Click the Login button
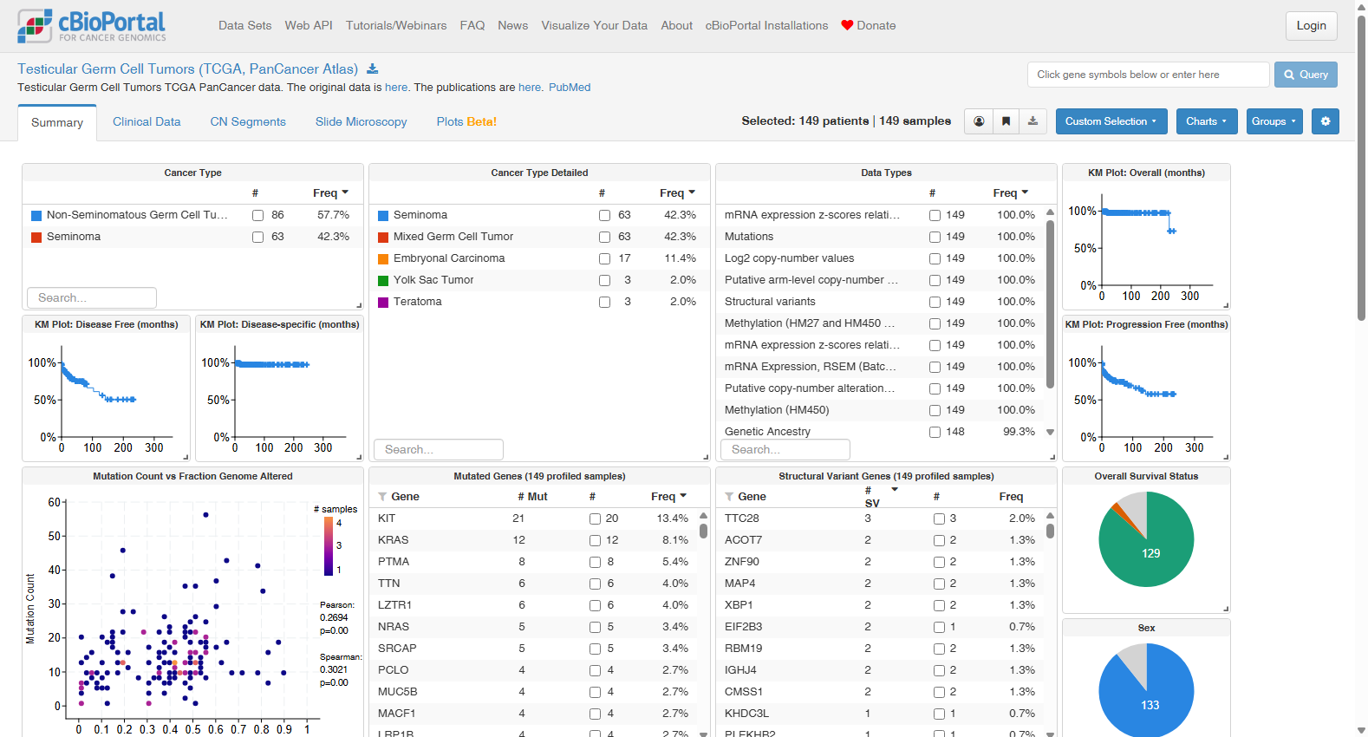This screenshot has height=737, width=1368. tap(1311, 26)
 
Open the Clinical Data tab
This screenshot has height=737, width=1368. tap(147, 121)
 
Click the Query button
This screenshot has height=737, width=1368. tap(1305, 75)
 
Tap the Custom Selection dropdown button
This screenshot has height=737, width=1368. tap(1111, 121)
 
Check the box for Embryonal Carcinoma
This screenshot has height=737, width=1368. tap(604, 258)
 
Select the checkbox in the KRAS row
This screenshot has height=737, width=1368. tap(595, 540)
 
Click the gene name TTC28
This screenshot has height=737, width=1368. tap(741, 519)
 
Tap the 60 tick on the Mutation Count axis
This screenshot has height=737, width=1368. tap(55, 502)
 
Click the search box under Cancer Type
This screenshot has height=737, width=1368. tap(92, 298)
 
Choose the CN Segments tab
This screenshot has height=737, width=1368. tap(248, 121)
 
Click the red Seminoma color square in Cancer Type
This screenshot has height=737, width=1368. tap(36, 237)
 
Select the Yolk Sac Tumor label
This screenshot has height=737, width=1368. tap(433, 280)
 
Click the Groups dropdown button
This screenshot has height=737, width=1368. tap(1274, 121)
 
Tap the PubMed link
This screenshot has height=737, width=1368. tap(570, 88)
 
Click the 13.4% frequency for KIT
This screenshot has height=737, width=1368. tap(672, 519)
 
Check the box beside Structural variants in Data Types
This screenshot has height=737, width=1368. tap(935, 303)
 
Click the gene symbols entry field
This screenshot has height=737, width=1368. tap(1148, 75)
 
